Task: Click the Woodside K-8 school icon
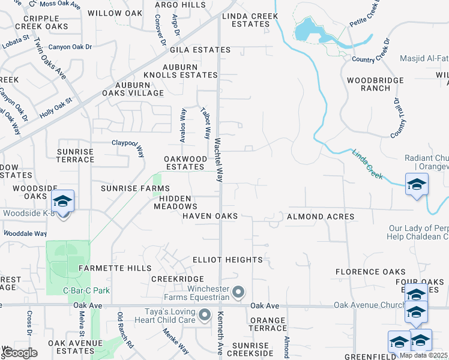(62, 201)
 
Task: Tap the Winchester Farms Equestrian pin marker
(238, 292)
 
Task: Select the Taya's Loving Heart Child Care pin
(205, 314)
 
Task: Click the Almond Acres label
(320, 216)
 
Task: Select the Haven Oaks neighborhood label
(210, 216)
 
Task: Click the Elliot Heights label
(228, 260)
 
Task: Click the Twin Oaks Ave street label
(50, 59)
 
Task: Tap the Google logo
(20, 352)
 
